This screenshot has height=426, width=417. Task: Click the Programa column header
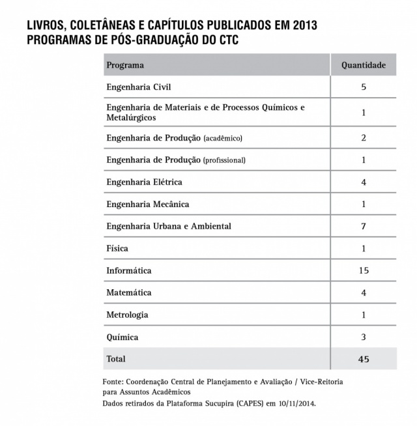(125, 65)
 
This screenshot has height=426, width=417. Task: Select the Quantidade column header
(364, 65)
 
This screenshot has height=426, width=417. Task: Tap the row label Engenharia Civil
(139, 87)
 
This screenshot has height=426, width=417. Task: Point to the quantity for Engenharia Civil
(364, 87)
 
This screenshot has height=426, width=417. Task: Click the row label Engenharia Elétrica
(144, 182)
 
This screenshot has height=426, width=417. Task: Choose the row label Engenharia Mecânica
(147, 204)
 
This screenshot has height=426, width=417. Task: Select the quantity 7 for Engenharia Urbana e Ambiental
(364, 226)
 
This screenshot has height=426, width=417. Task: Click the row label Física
(117, 248)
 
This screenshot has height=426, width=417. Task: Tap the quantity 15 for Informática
(364, 270)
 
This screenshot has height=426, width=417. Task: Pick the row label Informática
(129, 270)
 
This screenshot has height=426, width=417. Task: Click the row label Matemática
(129, 292)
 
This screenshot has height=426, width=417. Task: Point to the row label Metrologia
(128, 315)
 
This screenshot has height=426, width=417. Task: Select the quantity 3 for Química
(364, 337)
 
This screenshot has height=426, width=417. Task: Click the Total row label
(116, 359)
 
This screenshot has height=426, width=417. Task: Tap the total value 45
(364, 359)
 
